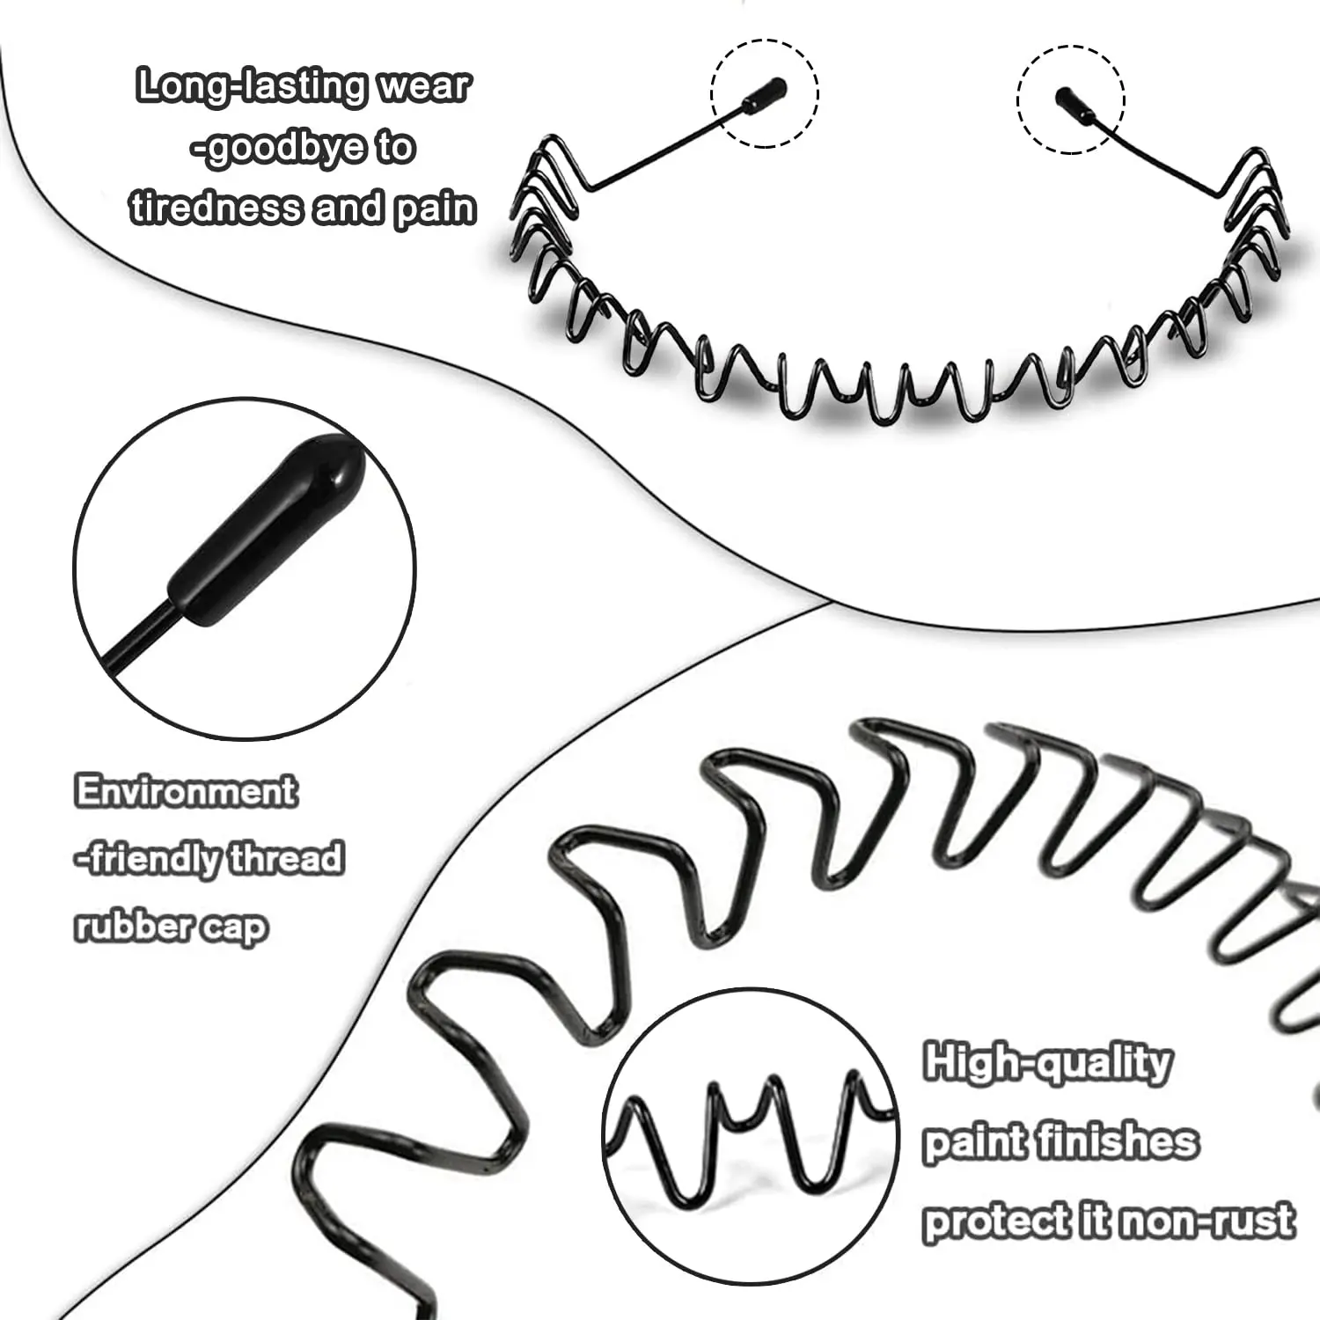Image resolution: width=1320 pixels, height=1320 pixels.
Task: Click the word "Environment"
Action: pyautogui.click(x=186, y=791)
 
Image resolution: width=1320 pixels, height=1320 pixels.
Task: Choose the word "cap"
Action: pyautogui.click(x=233, y=929)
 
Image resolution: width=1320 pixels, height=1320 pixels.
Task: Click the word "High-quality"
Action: pyautogui.click(x=1047, y=1064)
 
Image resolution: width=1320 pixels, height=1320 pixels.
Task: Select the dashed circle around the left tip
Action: pyautogui.click(x=765, y=40)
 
